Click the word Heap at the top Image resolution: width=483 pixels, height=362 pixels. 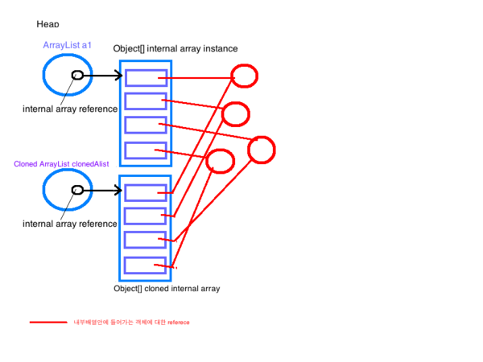coord(47,26)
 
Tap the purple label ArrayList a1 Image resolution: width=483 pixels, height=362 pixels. coord(67,46)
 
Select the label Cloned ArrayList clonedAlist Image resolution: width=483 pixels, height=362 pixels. coord(61,164)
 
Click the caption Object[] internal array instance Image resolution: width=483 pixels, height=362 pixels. coord(175,50)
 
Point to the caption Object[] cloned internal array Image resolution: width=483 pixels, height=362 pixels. coord(167,288)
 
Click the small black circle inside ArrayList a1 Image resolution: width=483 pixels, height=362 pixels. coord(76,75)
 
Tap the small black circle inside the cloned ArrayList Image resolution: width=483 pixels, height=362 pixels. coord(77,190)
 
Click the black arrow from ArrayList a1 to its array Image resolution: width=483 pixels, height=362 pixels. coord(103,76)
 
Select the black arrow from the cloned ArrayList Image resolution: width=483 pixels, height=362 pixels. coord(103,191)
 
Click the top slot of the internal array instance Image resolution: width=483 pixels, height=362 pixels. coord(147,77)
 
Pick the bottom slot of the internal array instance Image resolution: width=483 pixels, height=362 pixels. coord(147,150)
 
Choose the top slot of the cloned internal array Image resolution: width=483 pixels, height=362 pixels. coord(147,192)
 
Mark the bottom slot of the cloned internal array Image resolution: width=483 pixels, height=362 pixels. coord(147,265)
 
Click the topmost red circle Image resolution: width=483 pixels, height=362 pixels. coord(244,76)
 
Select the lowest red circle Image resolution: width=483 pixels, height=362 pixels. coord(220,160)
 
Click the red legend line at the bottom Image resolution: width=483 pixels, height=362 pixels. coord(48,323)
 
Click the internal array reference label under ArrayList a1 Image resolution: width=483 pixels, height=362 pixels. coord(69,109)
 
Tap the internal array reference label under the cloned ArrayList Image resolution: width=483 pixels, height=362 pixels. coord(69,224)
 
